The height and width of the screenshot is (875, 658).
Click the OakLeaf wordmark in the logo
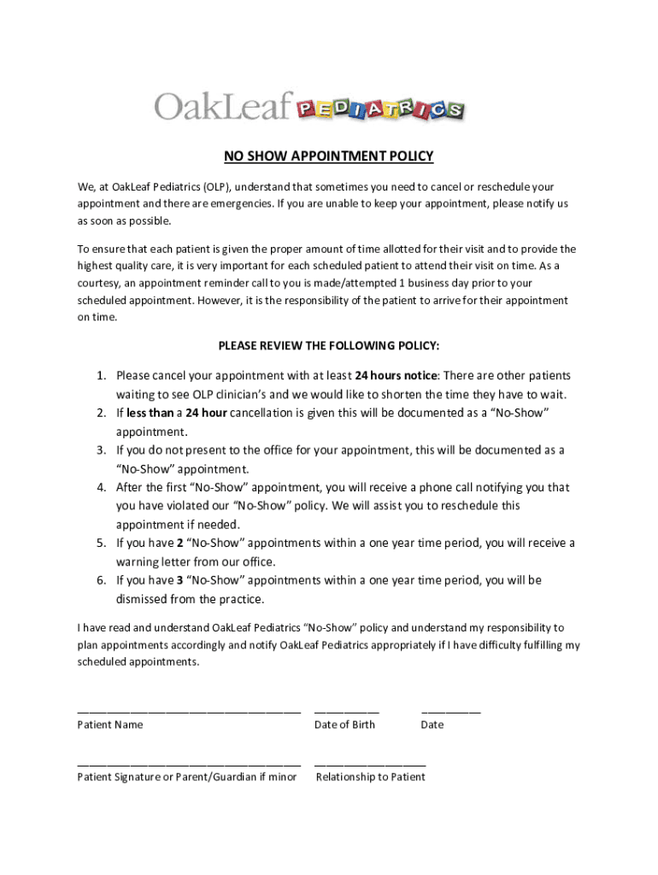point(224,107)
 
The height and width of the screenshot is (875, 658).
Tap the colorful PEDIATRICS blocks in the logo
point(380,109)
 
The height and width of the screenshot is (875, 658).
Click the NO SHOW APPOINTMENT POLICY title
point(329,156)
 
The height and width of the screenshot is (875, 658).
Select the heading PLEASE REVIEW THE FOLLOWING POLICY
point(329,346)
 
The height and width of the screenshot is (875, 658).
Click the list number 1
point(100,376)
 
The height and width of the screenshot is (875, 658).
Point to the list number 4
point(100,488)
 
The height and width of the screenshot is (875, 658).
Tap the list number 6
point(100,581)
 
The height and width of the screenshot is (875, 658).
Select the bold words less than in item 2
point(150,414)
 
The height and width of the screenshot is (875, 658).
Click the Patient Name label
point(110,725)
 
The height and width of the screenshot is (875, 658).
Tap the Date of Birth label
point(344,725)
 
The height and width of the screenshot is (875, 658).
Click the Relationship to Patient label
point(370,778)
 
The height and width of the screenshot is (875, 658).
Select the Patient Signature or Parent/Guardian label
point(187,778)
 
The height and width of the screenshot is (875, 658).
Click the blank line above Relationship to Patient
point(370,762)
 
